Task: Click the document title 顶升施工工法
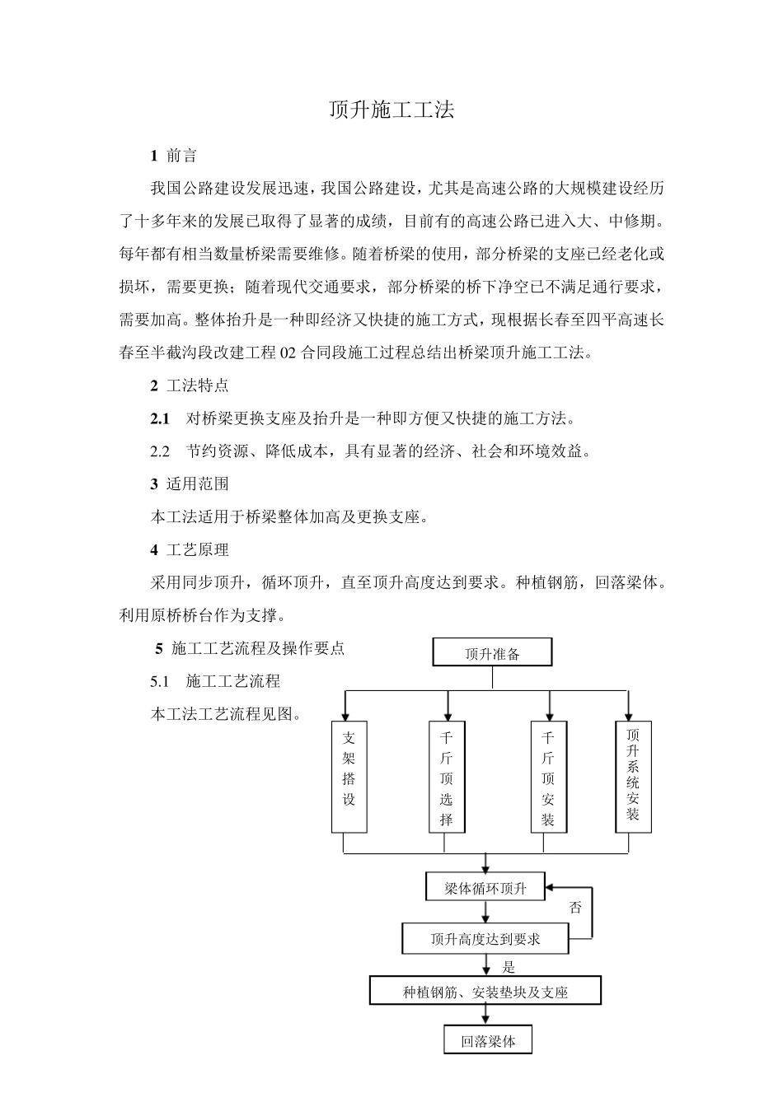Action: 391,110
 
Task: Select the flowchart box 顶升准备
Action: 492,653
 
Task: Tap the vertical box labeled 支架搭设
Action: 349,777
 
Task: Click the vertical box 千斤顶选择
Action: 447,777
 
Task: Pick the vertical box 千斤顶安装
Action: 548,777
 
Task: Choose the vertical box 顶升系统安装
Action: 633,775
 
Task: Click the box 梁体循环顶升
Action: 485,889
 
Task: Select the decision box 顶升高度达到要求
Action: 485,938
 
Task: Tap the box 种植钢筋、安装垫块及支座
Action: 485,992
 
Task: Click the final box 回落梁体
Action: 488,1041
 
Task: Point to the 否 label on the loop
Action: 575,908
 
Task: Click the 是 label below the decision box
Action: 509,968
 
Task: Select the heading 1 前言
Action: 173,155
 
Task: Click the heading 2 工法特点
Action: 190,385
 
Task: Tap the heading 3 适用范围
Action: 190,484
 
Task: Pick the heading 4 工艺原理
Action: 190,549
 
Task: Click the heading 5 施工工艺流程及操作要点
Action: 251,648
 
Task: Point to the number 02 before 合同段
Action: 288,353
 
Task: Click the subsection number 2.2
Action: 160,451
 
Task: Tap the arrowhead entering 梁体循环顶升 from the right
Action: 551,888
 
